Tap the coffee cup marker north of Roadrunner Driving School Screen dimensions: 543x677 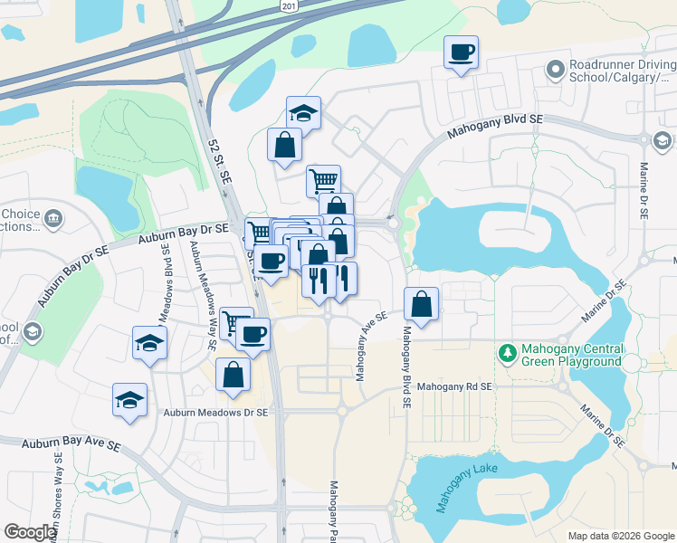pyautogui.click(x=461, y=52)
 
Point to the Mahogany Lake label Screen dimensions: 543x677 pyautogui.click(x=466, y=489)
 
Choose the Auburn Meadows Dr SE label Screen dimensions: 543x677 pyautogui.click(x=216, y=413)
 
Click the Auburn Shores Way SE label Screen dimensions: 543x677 pyautogui.click(x=56, y=493)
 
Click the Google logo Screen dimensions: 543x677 pyautogui.click(x=30, y=532)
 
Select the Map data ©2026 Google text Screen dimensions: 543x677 pyautogui.click(x=621, y=536)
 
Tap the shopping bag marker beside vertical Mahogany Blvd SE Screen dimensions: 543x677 pyautogui.click(x=421, y=305)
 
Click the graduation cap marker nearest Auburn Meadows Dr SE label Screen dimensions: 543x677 pyautogui.click(x=129, y=399)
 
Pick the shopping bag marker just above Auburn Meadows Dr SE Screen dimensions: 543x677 pyautogui.click(x=234, y=375)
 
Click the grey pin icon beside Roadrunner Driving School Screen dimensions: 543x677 pyautogui.click(x=555, y=69)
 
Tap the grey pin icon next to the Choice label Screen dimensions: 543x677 pyautogui.click(x=52, y=217)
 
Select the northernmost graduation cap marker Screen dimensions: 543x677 pyautogui.click(x=303, y=113)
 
